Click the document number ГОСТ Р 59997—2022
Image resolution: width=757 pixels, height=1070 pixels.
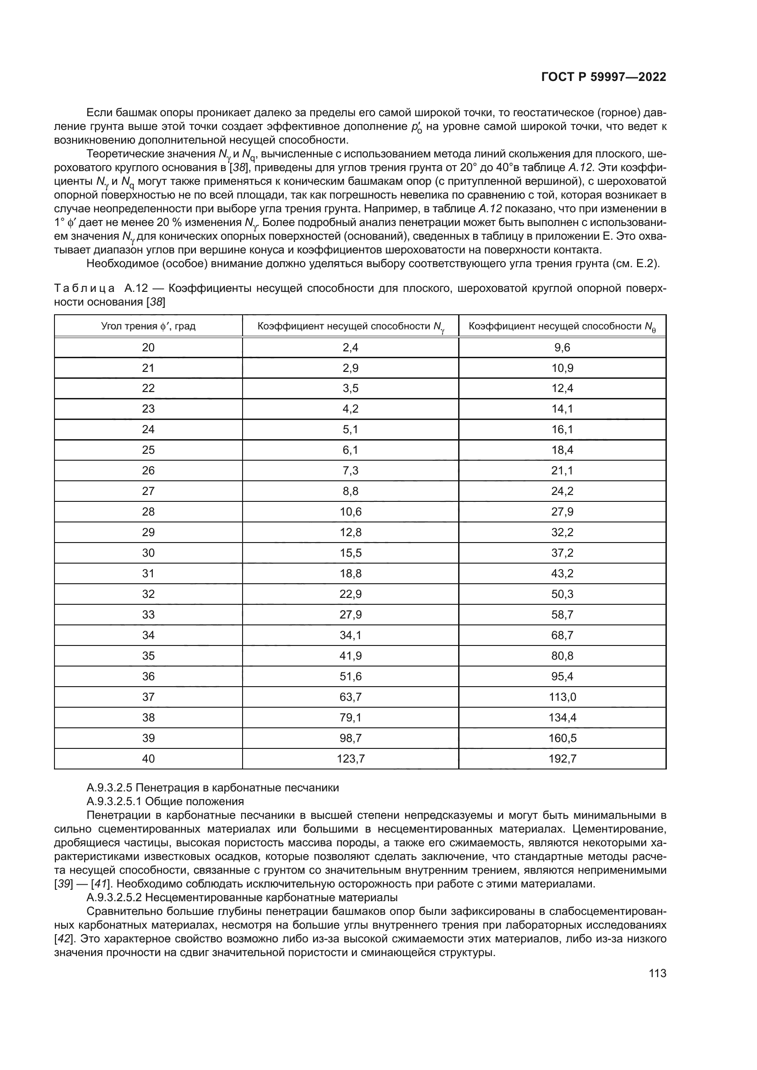coord(604,77)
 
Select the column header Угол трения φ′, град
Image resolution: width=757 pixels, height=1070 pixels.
coord(148,326)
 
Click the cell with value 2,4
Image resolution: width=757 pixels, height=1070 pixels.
coord(351,348)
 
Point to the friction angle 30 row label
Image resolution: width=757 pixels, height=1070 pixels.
coord(148,553)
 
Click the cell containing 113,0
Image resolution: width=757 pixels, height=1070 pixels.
coord(562,697)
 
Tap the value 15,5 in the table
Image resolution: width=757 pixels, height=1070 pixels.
coord(351,553)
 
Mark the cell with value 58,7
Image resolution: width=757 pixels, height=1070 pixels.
coord(562,615)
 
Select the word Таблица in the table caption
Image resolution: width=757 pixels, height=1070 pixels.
coord(84,289)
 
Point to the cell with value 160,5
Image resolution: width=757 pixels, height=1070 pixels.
coord(562,738)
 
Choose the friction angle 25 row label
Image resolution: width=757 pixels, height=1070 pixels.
coord(148,450)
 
